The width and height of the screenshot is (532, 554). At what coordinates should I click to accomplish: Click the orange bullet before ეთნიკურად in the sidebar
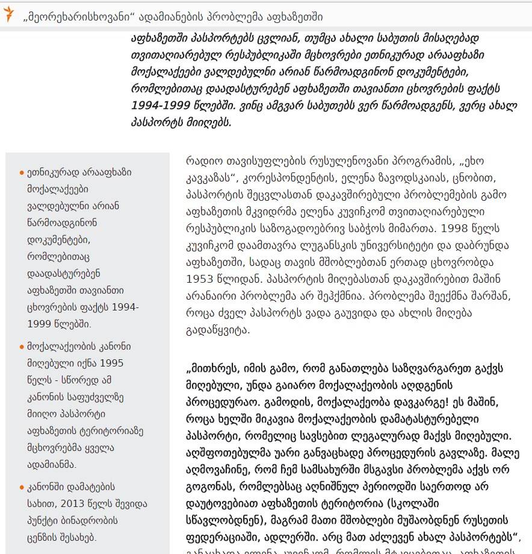pyautogui.click(x=22, y=172)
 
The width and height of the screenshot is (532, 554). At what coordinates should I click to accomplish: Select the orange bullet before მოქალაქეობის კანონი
pyautogui.click(x=22, y=347)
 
